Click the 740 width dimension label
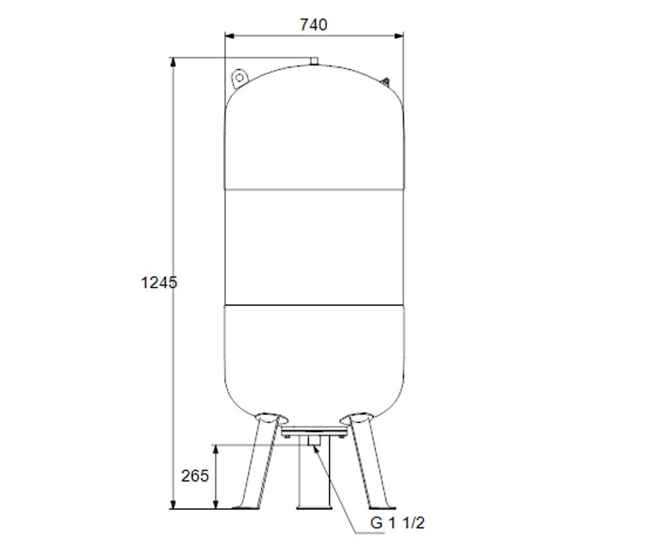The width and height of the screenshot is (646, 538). (x=313, y=25)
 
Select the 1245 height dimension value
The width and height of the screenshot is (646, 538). (x=159, y=282)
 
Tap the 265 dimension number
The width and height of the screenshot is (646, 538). (x=195, y=476)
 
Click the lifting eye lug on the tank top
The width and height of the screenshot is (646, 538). (x=240, y=77)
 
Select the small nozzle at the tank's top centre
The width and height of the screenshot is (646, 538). (x=314, y=61)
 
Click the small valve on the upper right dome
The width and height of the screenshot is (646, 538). (x=385, y=82)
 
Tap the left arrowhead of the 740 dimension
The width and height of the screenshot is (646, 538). (x=229, y=36)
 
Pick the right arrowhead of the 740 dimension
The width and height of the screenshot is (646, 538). (x=399, y=36)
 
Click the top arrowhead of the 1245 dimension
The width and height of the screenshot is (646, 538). (x=173, y=62)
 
